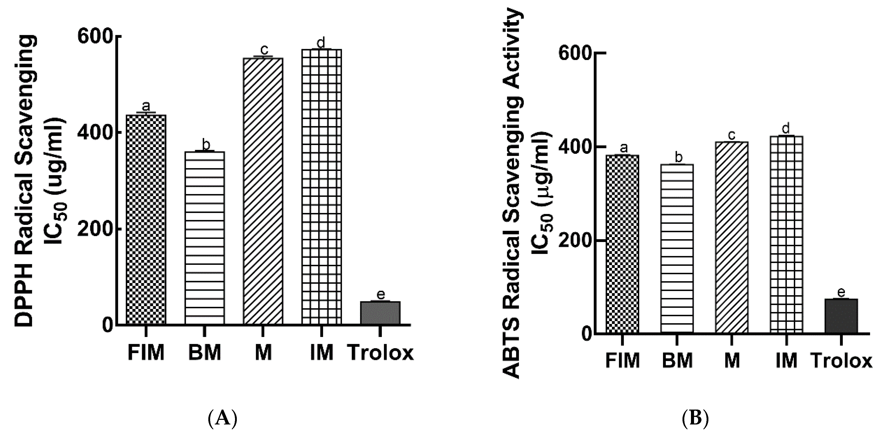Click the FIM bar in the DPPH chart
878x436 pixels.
[x=146, y=219]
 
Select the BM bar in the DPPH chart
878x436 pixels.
[x=204, y=238]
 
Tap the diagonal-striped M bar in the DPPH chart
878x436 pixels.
[x=263, y=191]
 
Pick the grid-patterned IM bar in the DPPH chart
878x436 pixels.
[x=321, y=187]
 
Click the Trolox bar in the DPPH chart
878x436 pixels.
[x=380, y=312]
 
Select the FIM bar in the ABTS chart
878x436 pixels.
[x=622, y=244]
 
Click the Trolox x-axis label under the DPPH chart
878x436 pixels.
[x=381, y=353]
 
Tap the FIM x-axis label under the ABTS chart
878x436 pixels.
[x=622, y=361]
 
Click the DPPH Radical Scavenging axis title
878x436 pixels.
[x=25, y=181]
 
